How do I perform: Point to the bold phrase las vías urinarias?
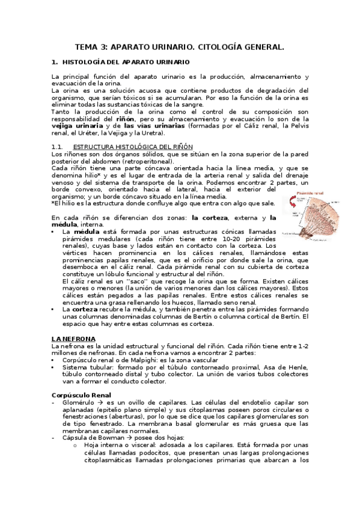click(154, 126)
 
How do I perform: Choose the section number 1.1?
click(58, 146)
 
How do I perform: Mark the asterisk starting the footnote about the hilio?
click(53, 203)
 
